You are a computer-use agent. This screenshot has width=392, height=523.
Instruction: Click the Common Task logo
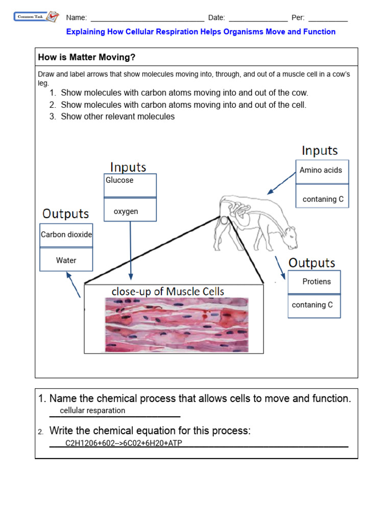pos(36,17)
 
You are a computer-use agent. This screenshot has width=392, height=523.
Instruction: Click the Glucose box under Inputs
pos(130,185)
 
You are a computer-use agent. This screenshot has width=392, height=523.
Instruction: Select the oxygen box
pos(130,210)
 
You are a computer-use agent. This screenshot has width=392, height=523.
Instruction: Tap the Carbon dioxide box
pos(66,235)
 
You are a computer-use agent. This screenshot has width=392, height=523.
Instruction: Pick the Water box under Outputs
pos(66,259)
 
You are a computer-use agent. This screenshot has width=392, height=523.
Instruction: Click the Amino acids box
pos(322,171)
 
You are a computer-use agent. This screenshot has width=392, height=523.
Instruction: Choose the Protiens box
pos(314,281)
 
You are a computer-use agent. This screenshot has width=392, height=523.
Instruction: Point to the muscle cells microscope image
pos(177,325)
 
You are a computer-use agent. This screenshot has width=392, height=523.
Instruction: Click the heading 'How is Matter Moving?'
pos(87,57)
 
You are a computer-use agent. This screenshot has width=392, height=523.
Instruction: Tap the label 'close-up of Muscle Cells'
pos(167,292)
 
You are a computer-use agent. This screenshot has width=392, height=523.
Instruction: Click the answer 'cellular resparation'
pos(92,411)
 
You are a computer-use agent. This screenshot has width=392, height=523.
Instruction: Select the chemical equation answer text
pos(124,443)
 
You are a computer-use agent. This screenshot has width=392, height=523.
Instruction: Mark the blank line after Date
pos(258,19)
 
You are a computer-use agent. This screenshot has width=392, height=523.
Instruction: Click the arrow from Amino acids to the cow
pos(281,183)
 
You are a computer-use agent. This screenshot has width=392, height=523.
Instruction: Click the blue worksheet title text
pos(201,32)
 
